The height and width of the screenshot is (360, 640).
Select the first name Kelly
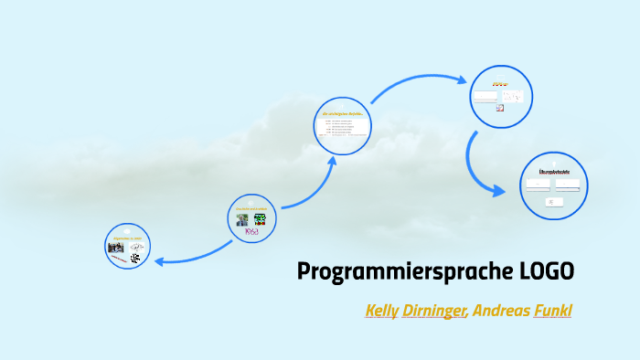(x=381, y=311)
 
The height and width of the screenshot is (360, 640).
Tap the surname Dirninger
(x=435, y=311)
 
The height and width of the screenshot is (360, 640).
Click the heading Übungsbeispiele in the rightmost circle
(x=555, y=172)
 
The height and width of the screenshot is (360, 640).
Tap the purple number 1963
(x=251, y=232)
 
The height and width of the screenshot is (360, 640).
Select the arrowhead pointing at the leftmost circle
(x=160, y=262)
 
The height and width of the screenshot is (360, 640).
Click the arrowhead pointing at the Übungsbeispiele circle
(x=499, y=191)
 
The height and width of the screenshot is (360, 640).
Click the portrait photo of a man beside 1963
(x=242, y=219)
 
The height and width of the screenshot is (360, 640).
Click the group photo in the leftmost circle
(x=116, y=247)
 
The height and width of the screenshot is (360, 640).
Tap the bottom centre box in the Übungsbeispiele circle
(x=554, y=201)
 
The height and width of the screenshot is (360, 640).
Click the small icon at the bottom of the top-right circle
(x=499, y=108)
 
